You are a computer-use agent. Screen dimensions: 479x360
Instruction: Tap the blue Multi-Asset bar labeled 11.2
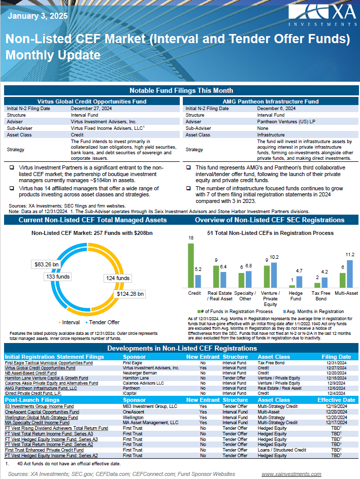click(x=350, y=274)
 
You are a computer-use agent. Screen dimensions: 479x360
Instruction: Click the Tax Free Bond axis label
click(x=321, y=295)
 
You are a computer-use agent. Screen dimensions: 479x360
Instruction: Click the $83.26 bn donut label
click(x=47, y=264)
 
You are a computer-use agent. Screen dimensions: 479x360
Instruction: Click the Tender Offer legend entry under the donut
click(x=104, y=322)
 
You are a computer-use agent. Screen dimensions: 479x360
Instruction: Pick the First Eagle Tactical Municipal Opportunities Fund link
click(x=49, y=363)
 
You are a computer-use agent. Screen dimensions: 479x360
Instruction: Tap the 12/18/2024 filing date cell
click(x=336, y=378)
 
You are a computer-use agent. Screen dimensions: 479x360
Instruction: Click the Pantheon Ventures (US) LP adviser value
click(x=282, y=122)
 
